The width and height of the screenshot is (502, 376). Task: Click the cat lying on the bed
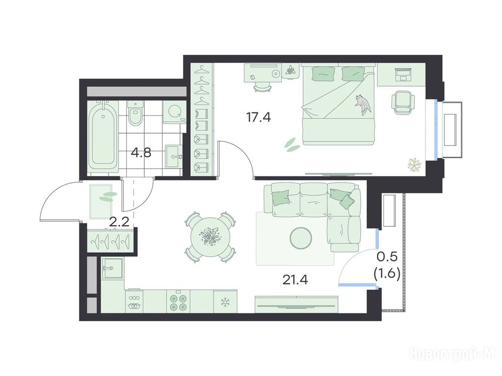pyautogui.click(x=363, y=104)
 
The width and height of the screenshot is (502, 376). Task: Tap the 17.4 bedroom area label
pyautogui.click(x=258, y=117)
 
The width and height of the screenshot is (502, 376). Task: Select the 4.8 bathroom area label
pyautogui.click(x=141, y=153)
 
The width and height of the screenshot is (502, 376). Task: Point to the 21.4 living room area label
pyautogui.click(x=295, y=280)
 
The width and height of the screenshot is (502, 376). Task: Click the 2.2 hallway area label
pyautogui.click(x=119, y=222)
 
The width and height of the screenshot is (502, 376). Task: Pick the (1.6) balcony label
pyautogui.click(x=387, y=274)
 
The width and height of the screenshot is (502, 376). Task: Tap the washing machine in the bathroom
pyautogui.click(x=175, y=112)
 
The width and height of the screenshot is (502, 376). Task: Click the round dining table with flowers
pyautogui.click(x=209, y=237)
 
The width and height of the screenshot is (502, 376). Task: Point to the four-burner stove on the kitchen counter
pyautogui.click(x=178, y=302)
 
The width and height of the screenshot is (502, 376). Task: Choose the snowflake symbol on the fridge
pyautogui.click(x=226, y=301)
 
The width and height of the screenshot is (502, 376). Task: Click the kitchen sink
pyautogui.click(x=112, y=268)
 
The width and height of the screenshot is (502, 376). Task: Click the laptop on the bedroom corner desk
pyautogui.click(x=403, y=74)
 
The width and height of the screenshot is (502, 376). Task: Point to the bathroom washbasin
pyautogui.click(x=173, y=156)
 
